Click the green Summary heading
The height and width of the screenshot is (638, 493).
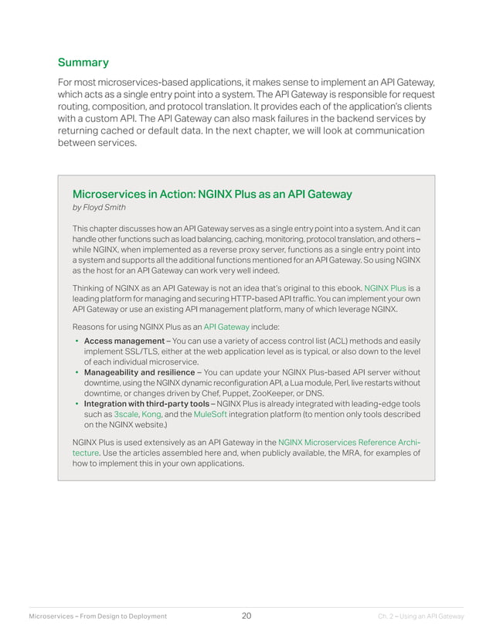[x=83, y=63]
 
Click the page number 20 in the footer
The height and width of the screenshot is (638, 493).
[x=246, y=616]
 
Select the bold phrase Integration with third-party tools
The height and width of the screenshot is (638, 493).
[x=144, y=403]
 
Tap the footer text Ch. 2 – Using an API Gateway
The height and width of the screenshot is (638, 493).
[x=420, y=616]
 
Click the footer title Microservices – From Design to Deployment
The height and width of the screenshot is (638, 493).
[x=97, y=616]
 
